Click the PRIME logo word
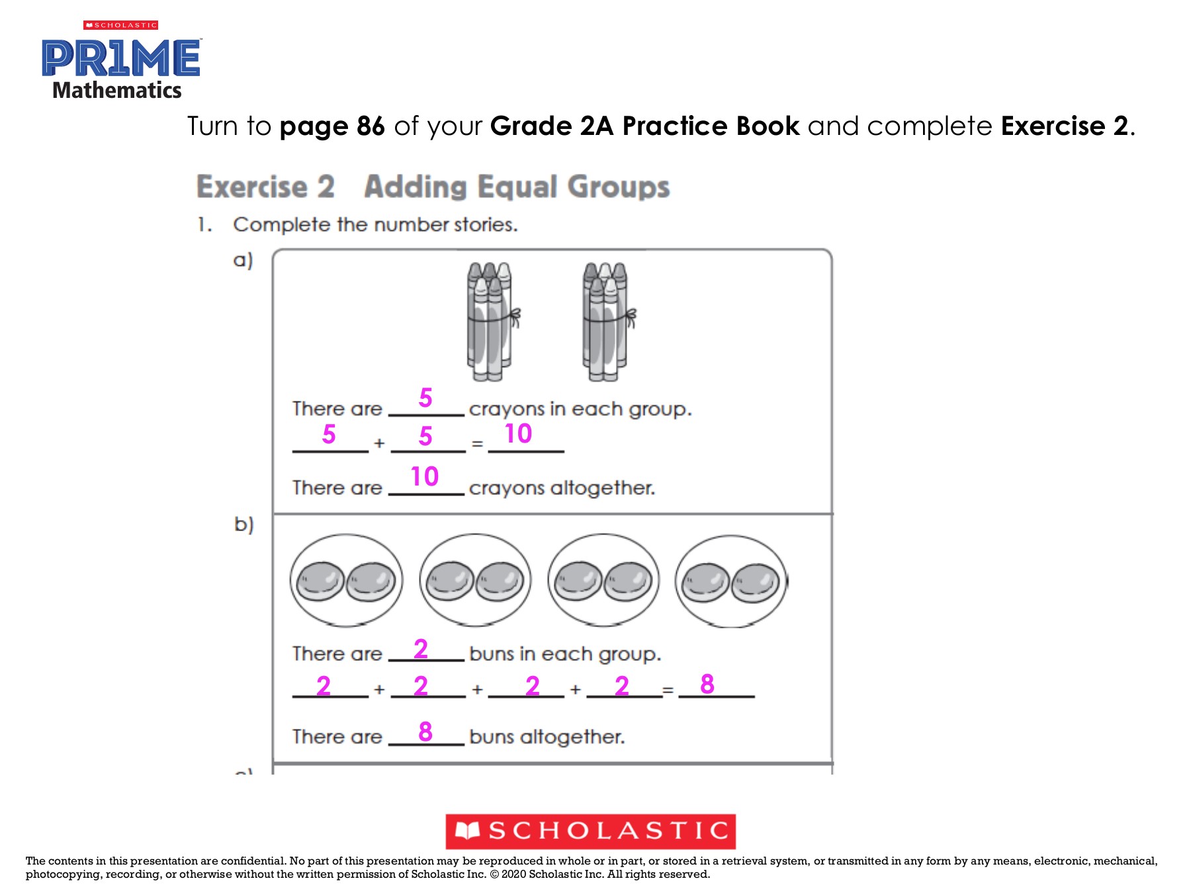point(121,58)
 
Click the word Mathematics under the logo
point(116,91)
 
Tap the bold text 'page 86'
point(332,126)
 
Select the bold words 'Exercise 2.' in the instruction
point(1067,126)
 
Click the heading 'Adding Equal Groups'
point(517,187)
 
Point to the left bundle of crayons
point(492,322)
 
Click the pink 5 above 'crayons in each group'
point(425,398)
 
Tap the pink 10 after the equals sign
point(518,434)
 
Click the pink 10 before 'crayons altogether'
point(424,476)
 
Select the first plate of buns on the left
point(346,581)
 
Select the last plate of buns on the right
point(731,581)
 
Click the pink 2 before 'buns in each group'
point(421,649)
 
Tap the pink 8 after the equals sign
point(707,684)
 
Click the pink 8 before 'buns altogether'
point(425,732)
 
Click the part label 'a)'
point(243,260)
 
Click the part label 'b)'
point(243,525)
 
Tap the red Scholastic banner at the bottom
point(590,831)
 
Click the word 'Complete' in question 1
point(282,225)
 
